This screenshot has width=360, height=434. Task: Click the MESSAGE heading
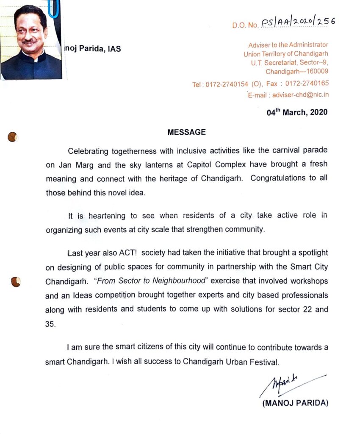[x=186, y=132]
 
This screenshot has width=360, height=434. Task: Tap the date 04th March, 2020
[x=297, y=113]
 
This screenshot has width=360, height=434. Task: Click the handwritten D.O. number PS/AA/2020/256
[x=298, y=23]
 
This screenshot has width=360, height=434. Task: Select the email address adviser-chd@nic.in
[x=300, y=95]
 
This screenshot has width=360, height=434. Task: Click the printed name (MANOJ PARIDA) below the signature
[x=295, y=403]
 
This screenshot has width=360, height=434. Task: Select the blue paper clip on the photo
[x=53, y=9]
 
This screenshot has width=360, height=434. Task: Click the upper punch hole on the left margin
[x=13, y=137]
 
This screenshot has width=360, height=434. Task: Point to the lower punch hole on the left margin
[x=15, y=281]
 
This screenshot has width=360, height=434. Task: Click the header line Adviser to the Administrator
[x=288, y=45]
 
